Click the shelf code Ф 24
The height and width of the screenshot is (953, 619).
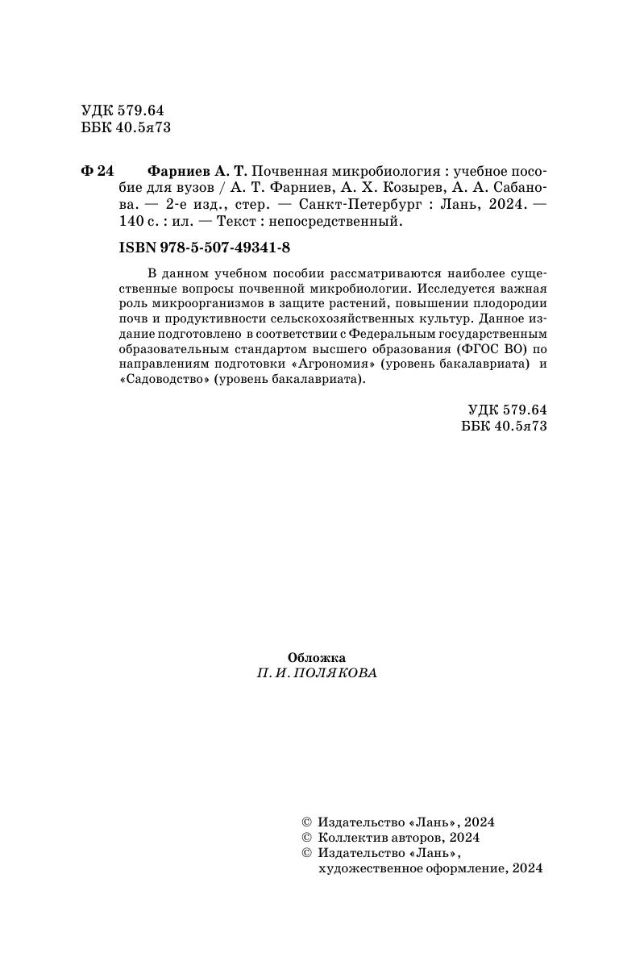(x=98, y=172)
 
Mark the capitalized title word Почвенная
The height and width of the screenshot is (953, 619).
(x=292, y=172)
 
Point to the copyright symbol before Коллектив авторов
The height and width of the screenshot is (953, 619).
(x=305, y=838)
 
